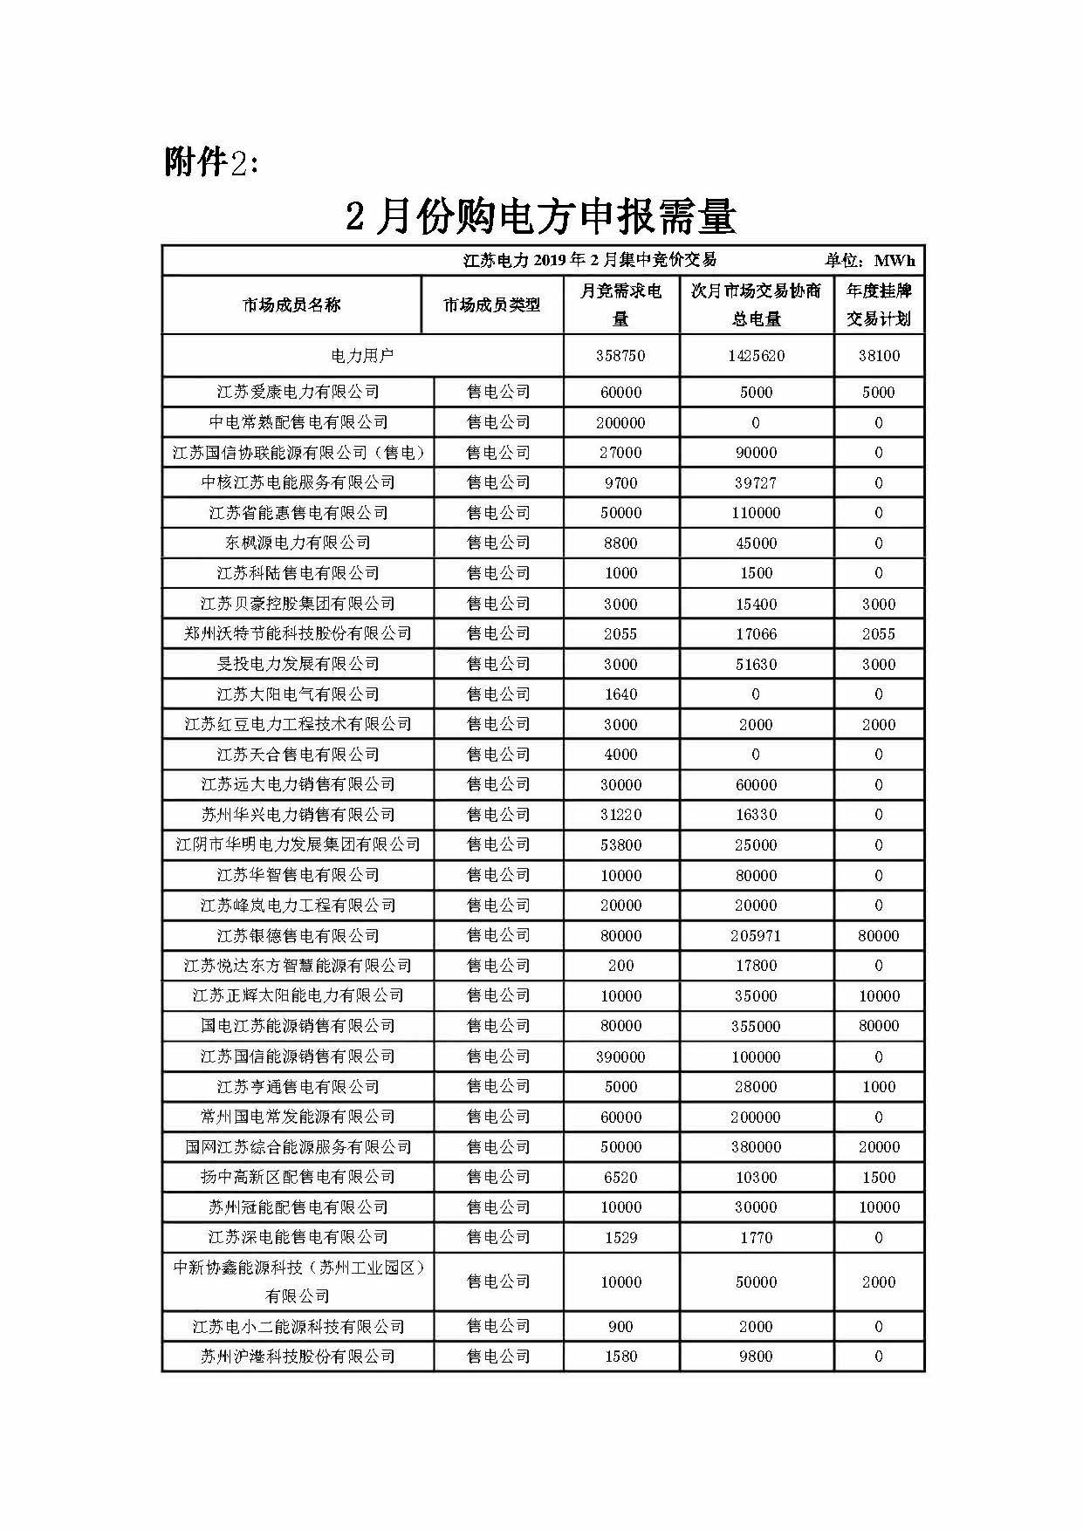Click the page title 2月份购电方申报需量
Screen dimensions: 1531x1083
coord(541,216)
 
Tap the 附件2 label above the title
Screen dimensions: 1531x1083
coord(211,161)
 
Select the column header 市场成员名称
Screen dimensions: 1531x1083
coord(291,304)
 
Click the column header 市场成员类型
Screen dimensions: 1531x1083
coord(491,304)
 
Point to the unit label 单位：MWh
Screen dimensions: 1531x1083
coord(869,260)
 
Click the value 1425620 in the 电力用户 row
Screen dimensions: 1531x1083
coord(756,356)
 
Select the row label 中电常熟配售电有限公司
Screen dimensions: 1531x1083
coord(298,422)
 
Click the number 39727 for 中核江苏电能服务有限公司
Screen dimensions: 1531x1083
coord(756,482)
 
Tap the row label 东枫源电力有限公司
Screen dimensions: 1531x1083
coord(298,543)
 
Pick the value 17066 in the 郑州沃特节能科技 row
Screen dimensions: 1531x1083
coord(756,633)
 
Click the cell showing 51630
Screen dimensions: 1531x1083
coord(756,664)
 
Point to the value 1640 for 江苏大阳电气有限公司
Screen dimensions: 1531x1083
coord(620,694)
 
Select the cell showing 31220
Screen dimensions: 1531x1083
coord(620,815)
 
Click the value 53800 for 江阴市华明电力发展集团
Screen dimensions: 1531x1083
coord(620,844)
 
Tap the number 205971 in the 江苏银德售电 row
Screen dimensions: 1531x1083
coord(756,935)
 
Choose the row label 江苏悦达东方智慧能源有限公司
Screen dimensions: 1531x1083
coord(298,966)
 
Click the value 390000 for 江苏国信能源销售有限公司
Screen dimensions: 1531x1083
coord(620,1056)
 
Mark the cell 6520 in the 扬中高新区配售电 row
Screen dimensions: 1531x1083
coord(620,1177)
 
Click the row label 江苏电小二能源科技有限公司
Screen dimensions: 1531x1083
coord(298,1327)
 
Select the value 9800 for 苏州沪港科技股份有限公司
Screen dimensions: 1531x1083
coord(756,1357)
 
